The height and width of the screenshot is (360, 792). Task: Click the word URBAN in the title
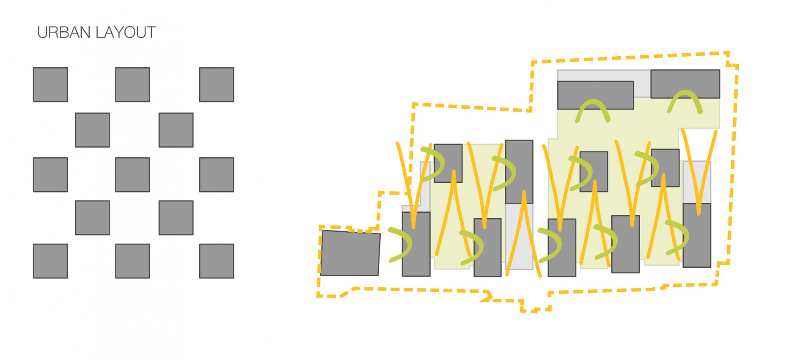(64, 33)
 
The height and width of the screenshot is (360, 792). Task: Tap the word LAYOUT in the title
(126, 33)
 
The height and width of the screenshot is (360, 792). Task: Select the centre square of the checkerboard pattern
(132, 175)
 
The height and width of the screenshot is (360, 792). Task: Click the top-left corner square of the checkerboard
(50, 85)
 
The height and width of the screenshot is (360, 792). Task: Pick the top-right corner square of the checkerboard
(217, 85)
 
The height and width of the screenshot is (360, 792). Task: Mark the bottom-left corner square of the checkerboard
(50, 261)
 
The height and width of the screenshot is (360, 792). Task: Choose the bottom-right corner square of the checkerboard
(217, 261)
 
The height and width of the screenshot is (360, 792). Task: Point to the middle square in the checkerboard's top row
(132, 85)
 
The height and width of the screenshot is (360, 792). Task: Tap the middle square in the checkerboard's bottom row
(132, 261)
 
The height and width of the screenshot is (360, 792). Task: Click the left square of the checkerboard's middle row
(50, 175)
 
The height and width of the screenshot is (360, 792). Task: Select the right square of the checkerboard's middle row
(217, 175)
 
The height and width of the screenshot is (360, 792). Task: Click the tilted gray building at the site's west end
(350, 253)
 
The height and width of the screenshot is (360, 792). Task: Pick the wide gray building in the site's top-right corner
(685, 84)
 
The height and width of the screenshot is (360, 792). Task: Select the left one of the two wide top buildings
(596, 95)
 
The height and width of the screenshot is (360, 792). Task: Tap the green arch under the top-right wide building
(685, 102)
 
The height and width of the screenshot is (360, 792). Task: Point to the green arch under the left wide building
(593, 111)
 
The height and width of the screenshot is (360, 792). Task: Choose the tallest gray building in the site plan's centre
(519, 172)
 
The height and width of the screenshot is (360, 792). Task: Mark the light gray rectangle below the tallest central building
(519, 236)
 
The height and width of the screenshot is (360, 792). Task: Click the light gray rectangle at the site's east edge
(697, 182)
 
